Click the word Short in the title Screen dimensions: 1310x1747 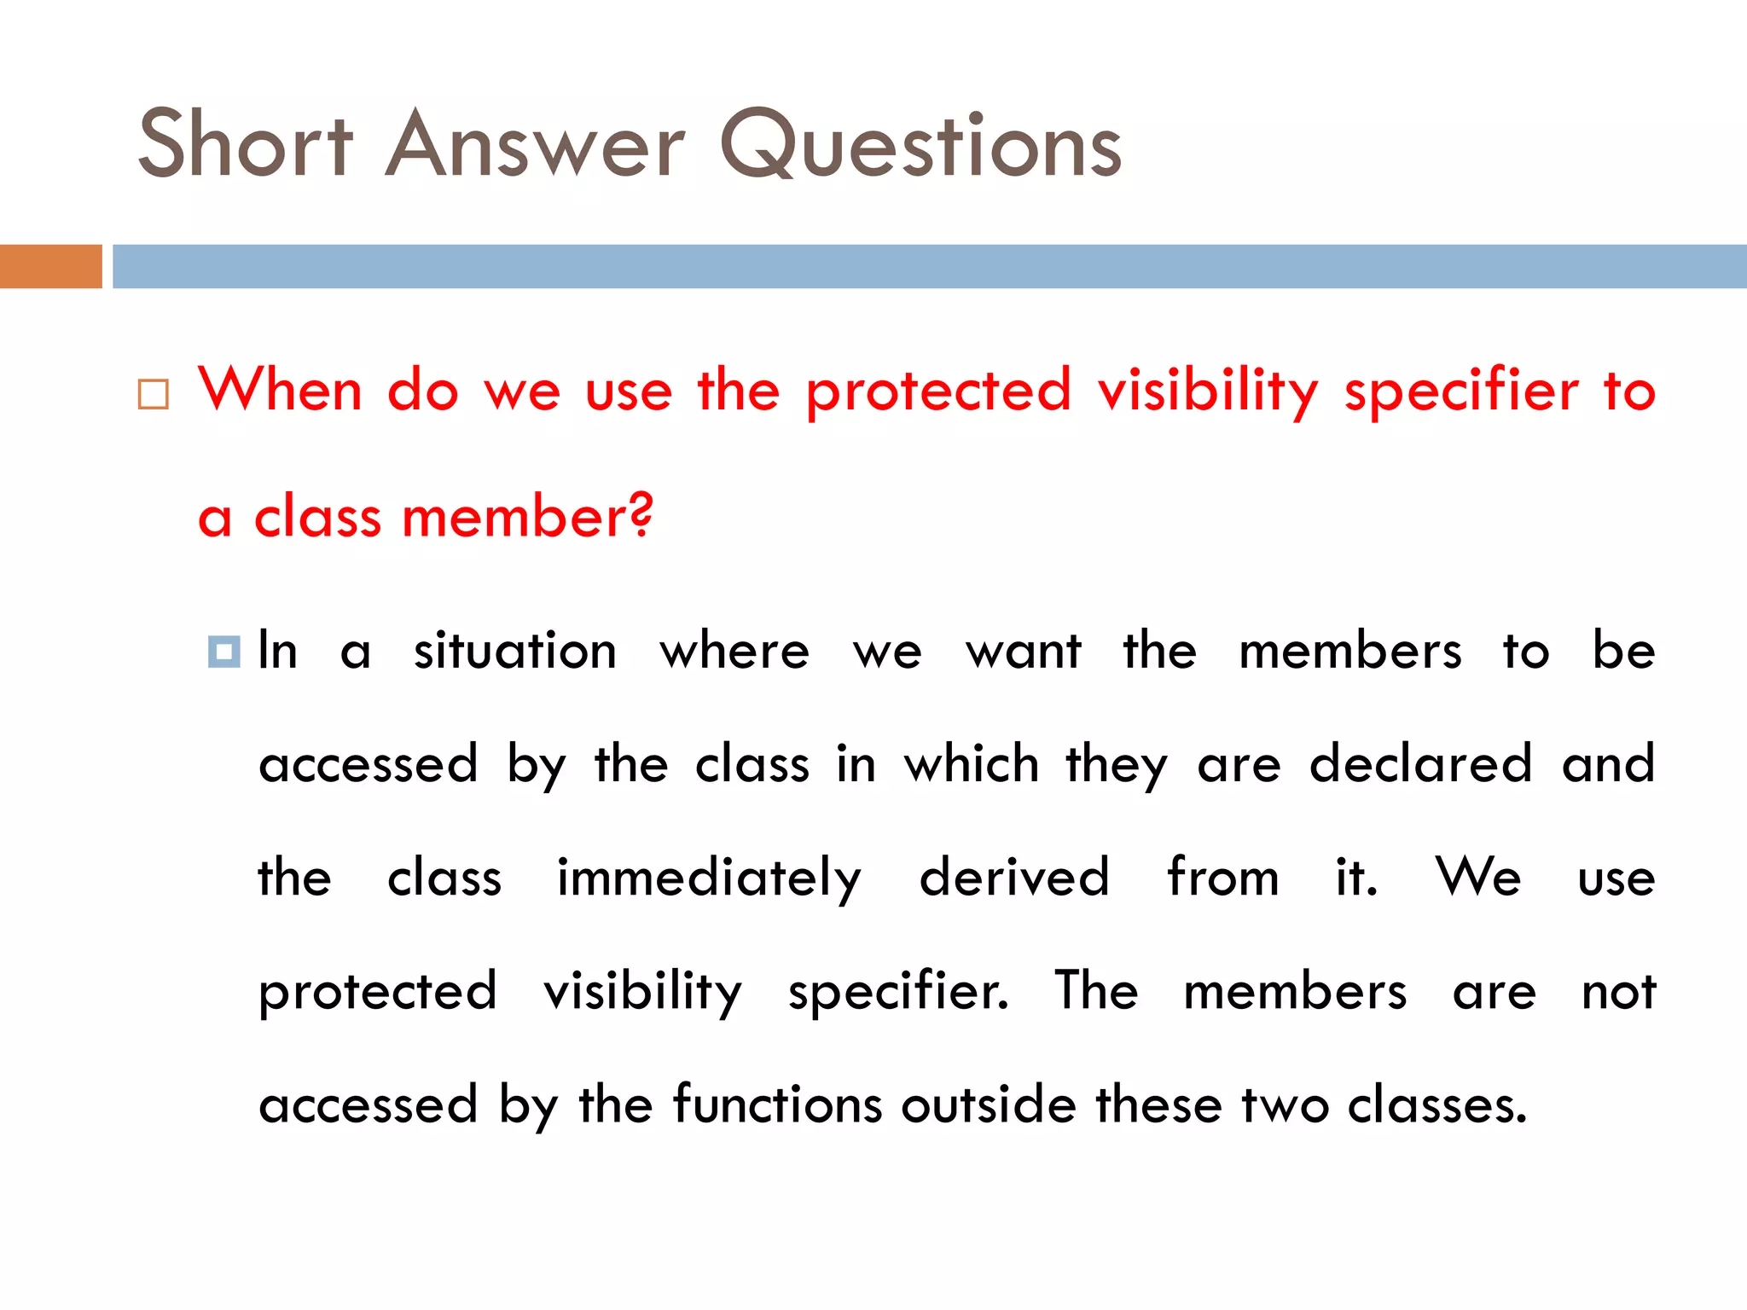coord(245,144)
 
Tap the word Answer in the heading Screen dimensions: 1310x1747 coord(534,144)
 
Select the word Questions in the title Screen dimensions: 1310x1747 coord(920,144)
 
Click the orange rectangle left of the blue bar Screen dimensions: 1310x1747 coord(50,266)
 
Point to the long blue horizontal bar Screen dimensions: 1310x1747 coord(929,266)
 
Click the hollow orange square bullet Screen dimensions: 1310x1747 coord(154,395)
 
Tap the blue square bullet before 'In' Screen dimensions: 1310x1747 coord(223,652)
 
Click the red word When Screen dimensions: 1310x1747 coord(281,391)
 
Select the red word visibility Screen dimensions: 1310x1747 coord(1208,391)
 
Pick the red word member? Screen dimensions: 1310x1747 coord(527,517)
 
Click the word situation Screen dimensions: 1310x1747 coord(515,651)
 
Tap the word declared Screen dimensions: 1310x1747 coord(1420,763)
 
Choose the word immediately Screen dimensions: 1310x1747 coord(709,878)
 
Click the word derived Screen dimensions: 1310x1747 coord(1014,877)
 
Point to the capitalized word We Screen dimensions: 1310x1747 coord(1477,877)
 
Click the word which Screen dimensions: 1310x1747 coord(972,763)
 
